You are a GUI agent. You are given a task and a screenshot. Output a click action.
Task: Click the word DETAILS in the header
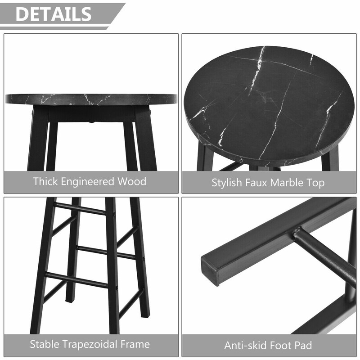pos(54,14)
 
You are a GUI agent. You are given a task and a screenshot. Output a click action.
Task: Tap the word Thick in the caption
pos(45,181)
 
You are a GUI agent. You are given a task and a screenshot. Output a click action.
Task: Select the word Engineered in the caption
pos(87,182)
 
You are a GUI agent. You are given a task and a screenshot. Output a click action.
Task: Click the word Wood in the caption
pos(132,181)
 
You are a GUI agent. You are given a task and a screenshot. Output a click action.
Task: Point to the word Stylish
pos(227,183)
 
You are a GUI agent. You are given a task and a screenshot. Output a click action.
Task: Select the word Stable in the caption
pos(45,344)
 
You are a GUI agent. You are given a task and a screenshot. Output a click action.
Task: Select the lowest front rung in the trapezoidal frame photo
pos(77,279)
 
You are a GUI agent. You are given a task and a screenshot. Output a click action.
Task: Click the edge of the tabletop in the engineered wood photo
pos(91,99)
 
